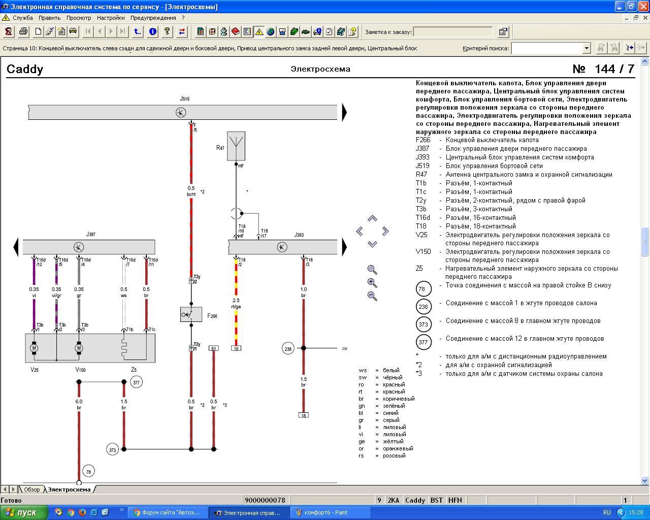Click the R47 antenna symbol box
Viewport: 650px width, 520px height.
tap(236, 146)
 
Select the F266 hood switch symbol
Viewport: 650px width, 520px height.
tap(191, 314)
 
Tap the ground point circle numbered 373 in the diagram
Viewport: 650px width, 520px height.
tap(112, 449)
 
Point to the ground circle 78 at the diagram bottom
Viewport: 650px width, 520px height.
tap(88, 471)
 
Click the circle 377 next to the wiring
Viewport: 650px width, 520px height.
tap(136, 382)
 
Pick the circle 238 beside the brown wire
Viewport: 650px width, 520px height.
tap(288, 349)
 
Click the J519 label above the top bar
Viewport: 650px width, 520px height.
tap(184, 99)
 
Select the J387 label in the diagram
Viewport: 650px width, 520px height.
tap(90, 234)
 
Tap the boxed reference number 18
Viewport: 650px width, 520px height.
tap(304, 415)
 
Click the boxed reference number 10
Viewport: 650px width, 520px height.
tap(236, 348)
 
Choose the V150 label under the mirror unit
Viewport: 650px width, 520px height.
tap(80, 370)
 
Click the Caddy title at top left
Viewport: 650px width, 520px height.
tap(25, 69)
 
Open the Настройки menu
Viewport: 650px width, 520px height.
tap(111, 18)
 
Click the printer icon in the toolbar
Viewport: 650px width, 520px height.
tap(23, 31)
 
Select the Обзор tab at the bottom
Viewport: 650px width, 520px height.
tap(31, 490)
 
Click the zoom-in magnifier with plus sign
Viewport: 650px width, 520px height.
tap(372, 283)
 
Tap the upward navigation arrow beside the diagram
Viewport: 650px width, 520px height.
tap(372, 218)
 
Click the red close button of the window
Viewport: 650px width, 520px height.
tap(643, 6)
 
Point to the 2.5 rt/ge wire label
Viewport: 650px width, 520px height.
tap(236, 303)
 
